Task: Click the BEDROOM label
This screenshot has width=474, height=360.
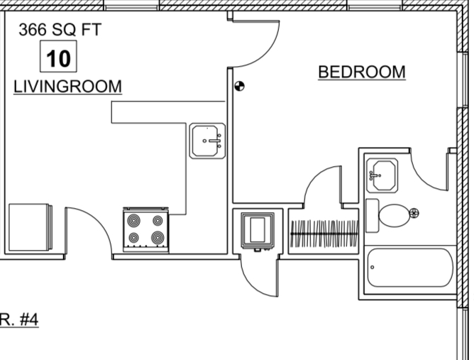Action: point(362,72)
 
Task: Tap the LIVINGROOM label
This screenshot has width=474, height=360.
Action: point(67,87)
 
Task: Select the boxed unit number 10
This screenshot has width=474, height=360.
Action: point(59,57)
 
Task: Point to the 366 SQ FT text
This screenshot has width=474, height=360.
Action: point(60,30)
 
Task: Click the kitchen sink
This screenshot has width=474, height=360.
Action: point(207,141)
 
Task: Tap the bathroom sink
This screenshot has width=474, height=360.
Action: point(382,175)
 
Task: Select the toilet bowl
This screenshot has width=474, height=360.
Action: point(394,215)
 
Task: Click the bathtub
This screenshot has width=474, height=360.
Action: point(410,268)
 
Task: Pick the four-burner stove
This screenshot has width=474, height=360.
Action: point(145,229)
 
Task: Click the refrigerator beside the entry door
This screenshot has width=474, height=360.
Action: point(31,227)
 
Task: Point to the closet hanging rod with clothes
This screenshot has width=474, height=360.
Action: point(324,234)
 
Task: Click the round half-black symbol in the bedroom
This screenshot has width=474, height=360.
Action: point(239,86)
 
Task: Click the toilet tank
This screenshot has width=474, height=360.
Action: point(372,215)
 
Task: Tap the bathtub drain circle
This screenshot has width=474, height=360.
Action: point(372,267)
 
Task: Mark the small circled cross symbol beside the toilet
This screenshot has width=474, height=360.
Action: point(414,213)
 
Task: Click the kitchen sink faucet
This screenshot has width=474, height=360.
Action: point(214,141)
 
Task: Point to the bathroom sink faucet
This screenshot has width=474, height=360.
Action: point(374,175)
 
